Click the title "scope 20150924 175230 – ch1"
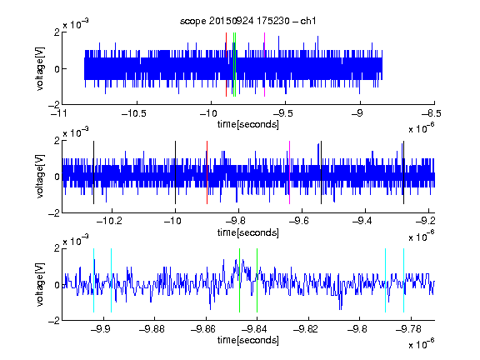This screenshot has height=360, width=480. coord(248,21)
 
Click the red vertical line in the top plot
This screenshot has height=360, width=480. coord(226,65)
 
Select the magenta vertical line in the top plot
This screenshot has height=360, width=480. coord(264,65)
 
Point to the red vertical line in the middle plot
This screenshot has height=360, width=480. coord(207,172)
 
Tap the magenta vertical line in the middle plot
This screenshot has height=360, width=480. coord(290,172)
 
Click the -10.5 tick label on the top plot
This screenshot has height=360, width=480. coord(134,113)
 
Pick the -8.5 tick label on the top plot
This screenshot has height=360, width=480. coord(432,113)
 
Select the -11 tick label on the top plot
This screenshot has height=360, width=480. coord(59,113)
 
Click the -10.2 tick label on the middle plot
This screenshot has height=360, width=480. coord(109,221)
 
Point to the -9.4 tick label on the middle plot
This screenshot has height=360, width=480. coord(362,221)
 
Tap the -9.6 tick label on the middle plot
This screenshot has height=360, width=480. coord(299,221)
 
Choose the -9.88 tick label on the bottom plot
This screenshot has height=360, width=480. coord(152,329)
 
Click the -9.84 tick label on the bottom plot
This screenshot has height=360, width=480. coord(254,329)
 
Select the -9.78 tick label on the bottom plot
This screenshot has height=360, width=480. coord(408,329)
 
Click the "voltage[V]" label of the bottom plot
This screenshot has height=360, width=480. coord(40,284)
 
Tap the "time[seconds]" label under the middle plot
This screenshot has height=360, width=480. coord(248,232)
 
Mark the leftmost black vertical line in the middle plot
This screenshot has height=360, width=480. coord(93,172)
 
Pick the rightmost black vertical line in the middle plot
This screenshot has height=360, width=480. coord(404,172)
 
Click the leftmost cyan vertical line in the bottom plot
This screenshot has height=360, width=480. coord(93,280)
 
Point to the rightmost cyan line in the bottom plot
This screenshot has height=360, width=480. coord(404,280)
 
